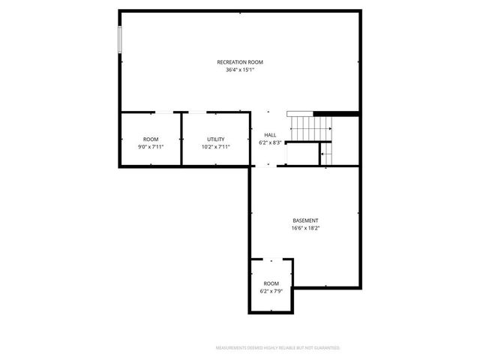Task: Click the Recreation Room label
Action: [x=240, y=61]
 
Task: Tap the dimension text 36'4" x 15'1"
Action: [x=240, y=70]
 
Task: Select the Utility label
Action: [x=216, y=139]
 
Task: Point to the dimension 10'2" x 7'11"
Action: [x=216, y=147]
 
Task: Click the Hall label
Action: [x=269, y=135]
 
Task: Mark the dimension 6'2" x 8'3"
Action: [x=269, y=142]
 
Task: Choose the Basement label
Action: [x=305, y=220]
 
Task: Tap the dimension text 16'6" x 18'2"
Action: [x=305, y=228]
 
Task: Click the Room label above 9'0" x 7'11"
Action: [x=151, y=139]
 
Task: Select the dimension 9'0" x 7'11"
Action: [x=151, y=147]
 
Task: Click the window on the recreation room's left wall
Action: [x=120, y=40]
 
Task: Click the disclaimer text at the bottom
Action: [x=277, y=348]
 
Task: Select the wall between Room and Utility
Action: [x=181, y=139]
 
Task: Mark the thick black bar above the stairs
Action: [x=336, y=113]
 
